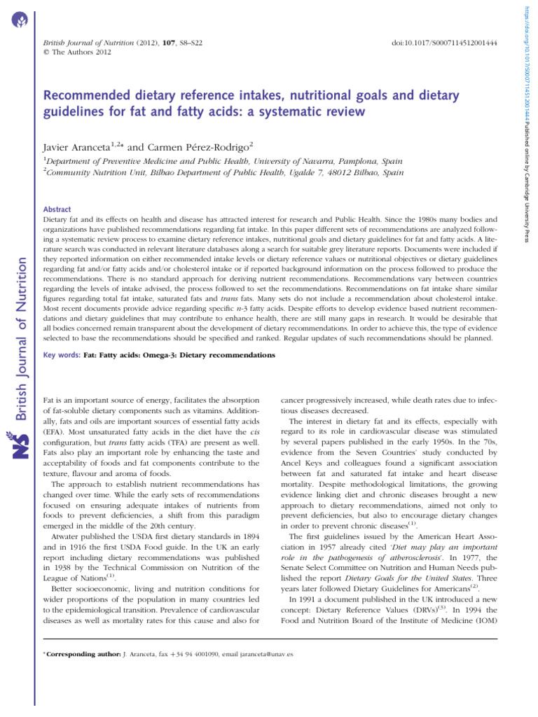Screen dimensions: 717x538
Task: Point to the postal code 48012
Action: tap(329, 172)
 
